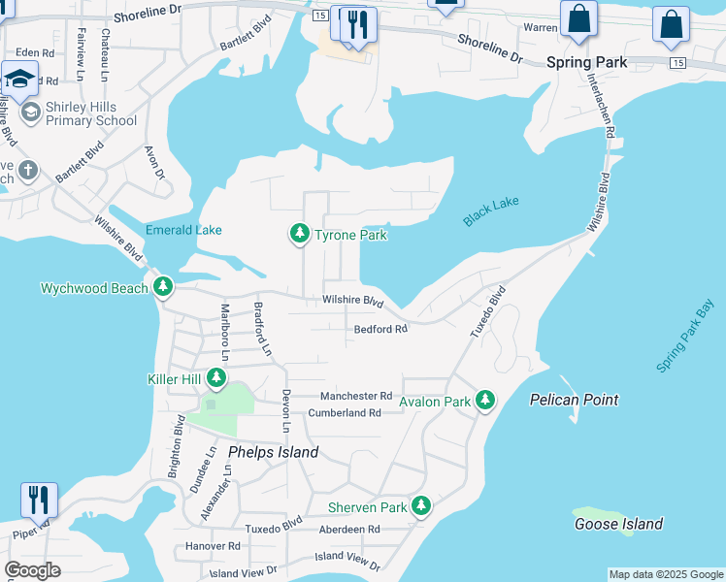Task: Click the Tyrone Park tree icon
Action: click(x=299, y=234)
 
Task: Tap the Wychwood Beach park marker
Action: click(x=163, y=287)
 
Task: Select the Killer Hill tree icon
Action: click(x=215, y=378)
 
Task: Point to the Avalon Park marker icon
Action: click(x=484, y=400)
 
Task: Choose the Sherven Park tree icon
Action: click(x=420, y=506)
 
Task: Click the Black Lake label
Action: click(x=491, y=210)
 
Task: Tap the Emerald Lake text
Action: click(x=183, y=230)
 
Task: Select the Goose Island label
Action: click(x=618, y=524)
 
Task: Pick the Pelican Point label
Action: click(x=574, y=400)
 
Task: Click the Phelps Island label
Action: click(x=273, y=453)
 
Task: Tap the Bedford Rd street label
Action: click(x=380, y=330)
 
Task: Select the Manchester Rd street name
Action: click(x=356, y=396)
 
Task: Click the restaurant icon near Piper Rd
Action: click(x=39, y=500)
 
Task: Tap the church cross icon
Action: click(x=29, y=171)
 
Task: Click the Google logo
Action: click(x=33, y=570)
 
